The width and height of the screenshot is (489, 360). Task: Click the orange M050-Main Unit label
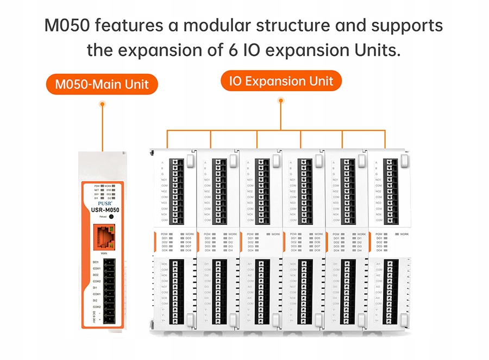click(x=102, y=85)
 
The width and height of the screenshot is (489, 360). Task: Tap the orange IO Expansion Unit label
click(x=280, y=82)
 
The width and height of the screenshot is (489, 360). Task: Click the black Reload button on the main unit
click(x=111, y=217)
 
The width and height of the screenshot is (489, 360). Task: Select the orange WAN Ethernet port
click(x=103, y=238)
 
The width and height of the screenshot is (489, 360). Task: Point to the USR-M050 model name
click(x=103, y=210)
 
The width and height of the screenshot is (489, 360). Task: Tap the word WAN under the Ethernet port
click(x=103, y=253)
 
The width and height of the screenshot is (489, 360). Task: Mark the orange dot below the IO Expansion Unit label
click(x=280, y=100)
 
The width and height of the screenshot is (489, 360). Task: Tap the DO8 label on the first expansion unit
click(x=188, y=250)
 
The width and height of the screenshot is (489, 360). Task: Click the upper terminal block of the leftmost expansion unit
click(x=175, y=190)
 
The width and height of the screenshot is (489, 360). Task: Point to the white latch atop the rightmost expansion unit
click(x=404, y=160)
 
